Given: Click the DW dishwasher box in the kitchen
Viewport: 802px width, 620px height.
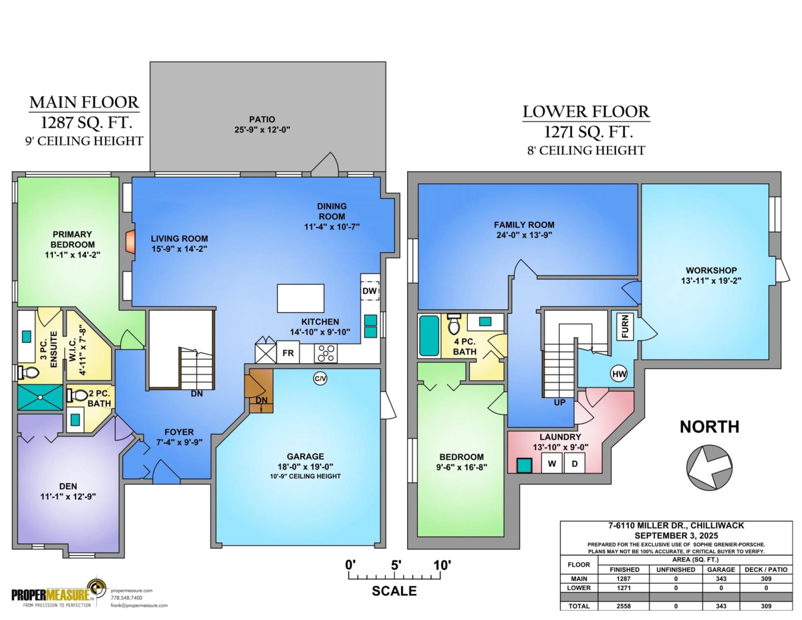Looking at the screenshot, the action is click(370, 291).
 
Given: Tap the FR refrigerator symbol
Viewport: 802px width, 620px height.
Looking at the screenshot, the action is click(288, 352).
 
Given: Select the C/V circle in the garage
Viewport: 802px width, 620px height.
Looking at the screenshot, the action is click(320, 379).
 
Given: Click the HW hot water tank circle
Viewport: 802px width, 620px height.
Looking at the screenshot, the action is click(619, 374).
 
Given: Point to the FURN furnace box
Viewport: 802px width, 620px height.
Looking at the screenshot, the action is click(625, 326).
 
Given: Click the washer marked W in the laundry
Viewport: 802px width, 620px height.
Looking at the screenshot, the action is click(552, 463).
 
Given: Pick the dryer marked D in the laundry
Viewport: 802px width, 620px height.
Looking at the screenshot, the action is click(574, 463).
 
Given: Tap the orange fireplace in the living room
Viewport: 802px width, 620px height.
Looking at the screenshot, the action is click(130, 242).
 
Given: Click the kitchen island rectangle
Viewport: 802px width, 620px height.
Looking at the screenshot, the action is click(301, 298).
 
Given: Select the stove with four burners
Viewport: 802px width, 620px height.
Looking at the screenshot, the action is click(326, 353).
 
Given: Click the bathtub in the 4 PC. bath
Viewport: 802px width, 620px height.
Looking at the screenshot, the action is click(429, 335).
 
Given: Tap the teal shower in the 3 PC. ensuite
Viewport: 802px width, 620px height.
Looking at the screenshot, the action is click(40, 397).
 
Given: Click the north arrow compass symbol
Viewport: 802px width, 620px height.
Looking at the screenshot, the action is click(709, 468).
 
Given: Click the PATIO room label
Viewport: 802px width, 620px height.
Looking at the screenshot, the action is click(262, 119).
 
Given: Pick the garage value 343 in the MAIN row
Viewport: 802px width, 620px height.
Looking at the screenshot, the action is click(721, 579).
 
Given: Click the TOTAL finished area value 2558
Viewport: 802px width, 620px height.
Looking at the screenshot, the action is click(624, 606).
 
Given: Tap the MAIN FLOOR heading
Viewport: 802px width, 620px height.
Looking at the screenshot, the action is click(84, 102).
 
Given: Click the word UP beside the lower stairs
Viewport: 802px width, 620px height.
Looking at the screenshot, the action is click(559, 403).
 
